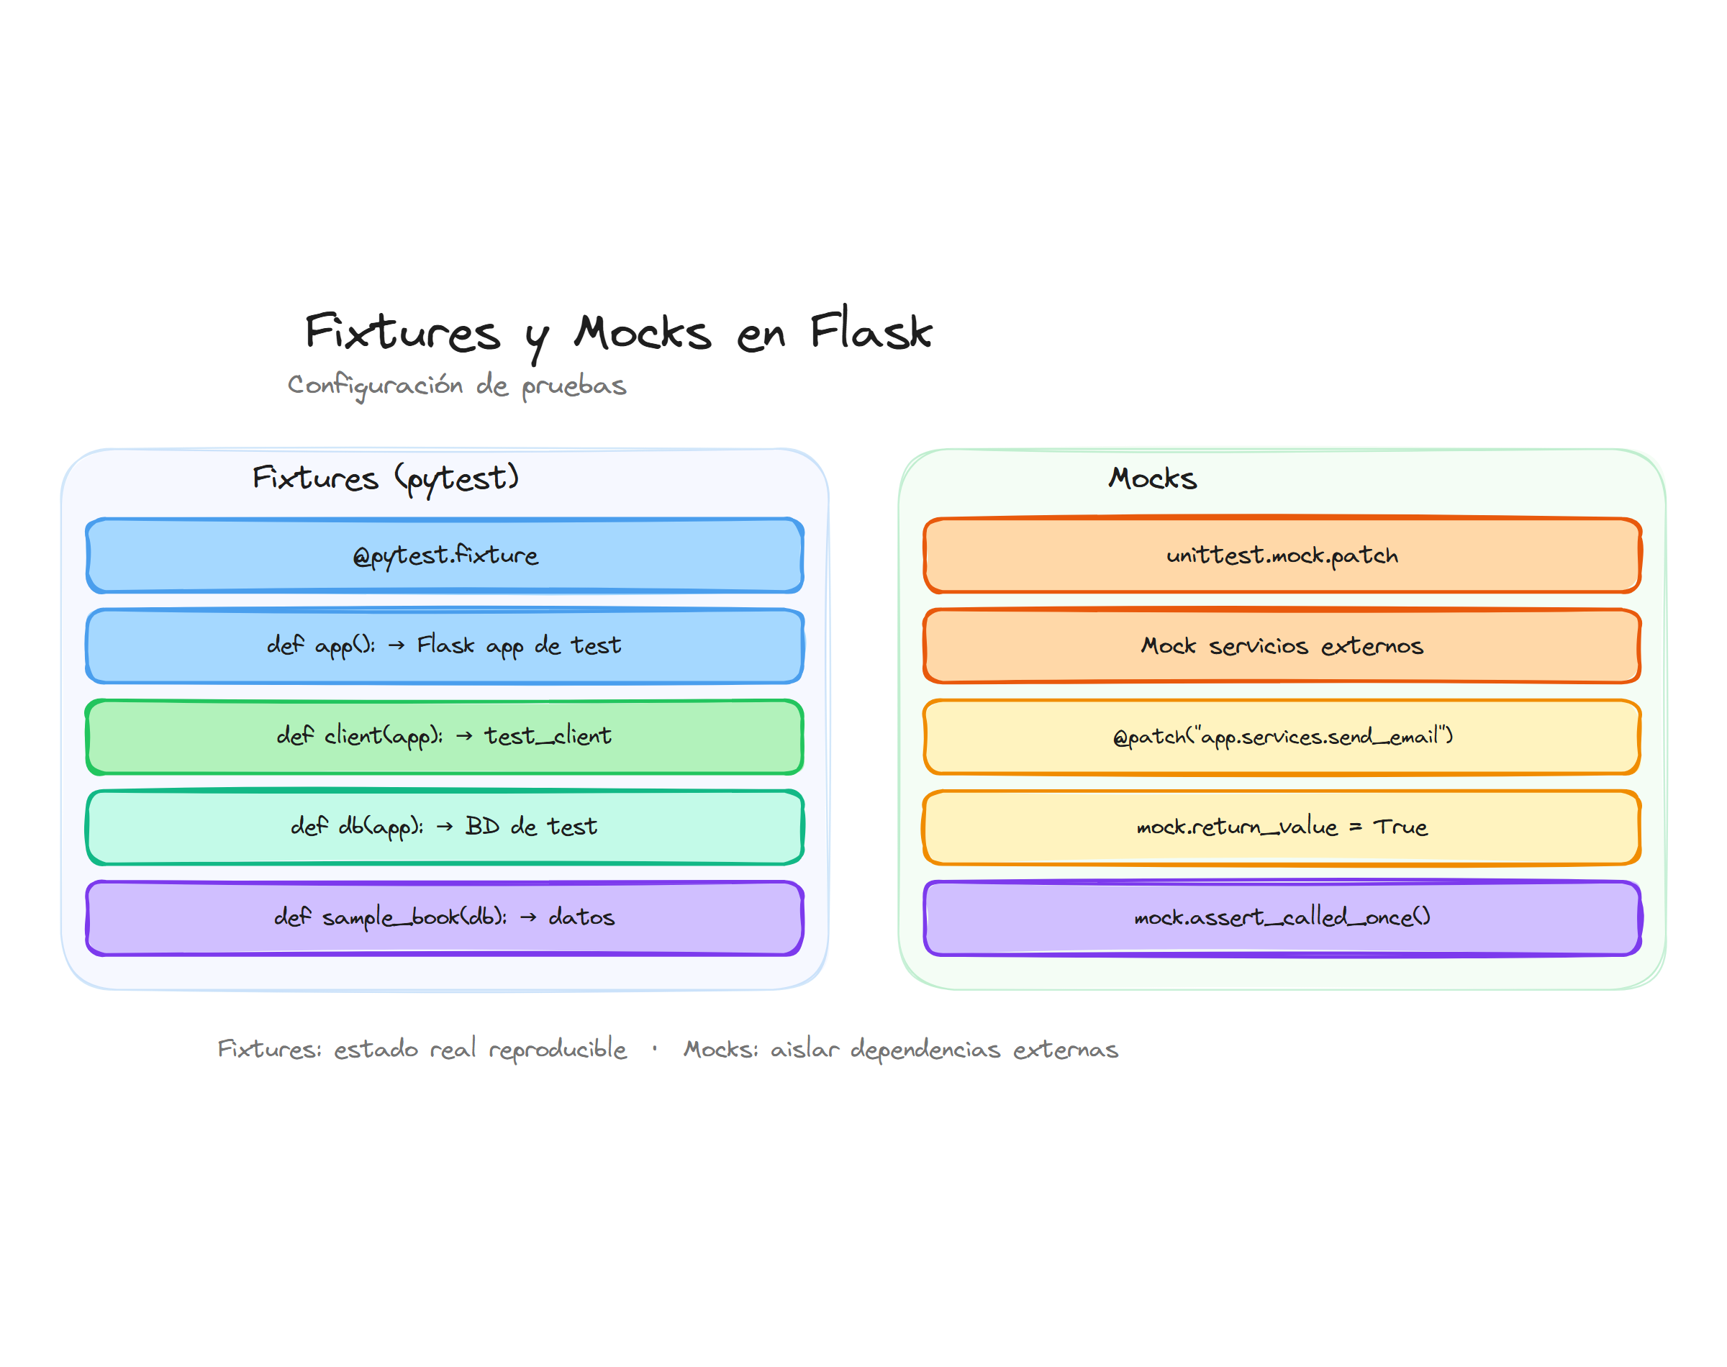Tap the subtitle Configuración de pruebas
pos(456,385)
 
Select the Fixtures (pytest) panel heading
pos(386,478)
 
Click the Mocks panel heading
pos(1151,478)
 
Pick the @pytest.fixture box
pos(444,555)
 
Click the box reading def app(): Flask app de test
pos(444,645)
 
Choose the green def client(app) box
pos(444,735)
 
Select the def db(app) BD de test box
pos(444,826)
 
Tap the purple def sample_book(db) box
pos(444,917)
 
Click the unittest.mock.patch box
pos(1282,555)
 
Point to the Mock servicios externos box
pos(1282,645)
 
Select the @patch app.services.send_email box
pos(1282,735)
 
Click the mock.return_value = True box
pos(1282,826)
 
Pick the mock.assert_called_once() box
pos(1282,917)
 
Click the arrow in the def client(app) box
pos(464,736)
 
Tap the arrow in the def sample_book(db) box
pos(528,917)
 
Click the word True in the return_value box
pos(1400,826)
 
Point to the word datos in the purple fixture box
pos(581,917)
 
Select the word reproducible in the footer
pos(558,1049)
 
